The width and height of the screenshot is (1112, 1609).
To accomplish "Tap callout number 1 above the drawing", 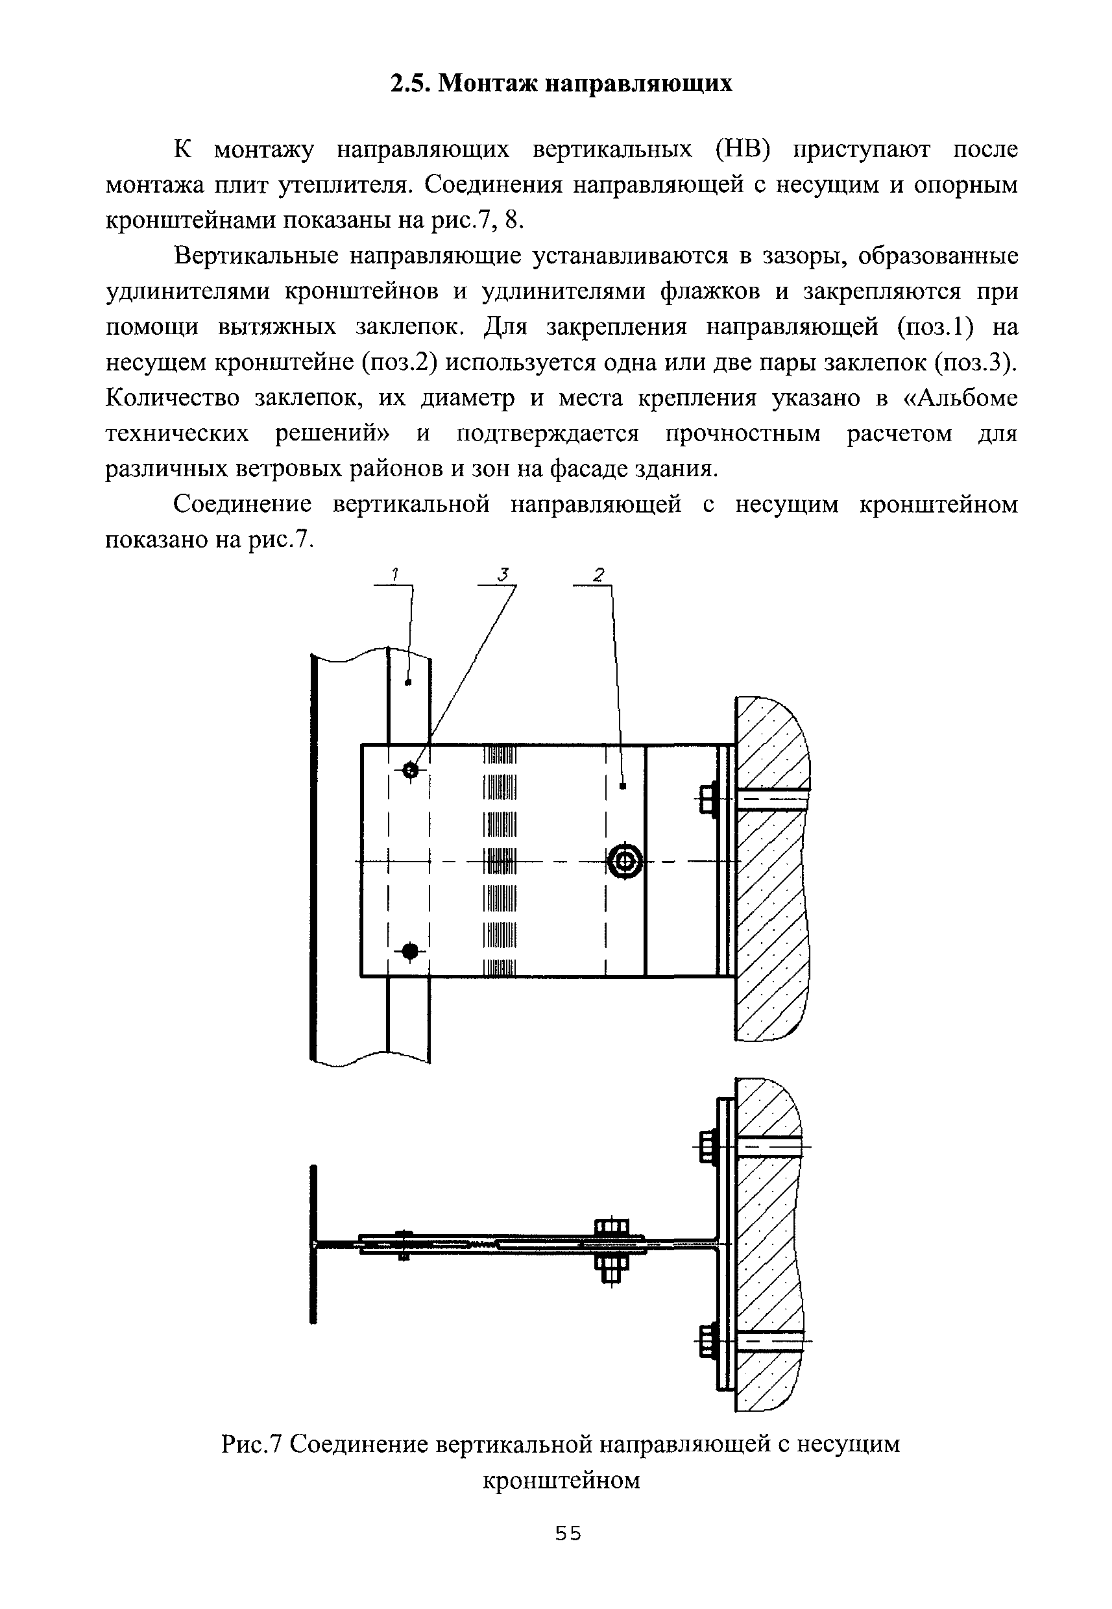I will click(x=394, y=575).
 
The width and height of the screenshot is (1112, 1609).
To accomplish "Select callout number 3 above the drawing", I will click(x=503, y=575).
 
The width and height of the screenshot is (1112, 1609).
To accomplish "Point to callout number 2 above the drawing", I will click(x=597, y=575).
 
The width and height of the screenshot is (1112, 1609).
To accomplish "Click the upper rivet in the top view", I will click(x=411, y=770).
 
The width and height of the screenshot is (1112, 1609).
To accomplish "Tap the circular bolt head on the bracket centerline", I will click(x=625, y=863).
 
